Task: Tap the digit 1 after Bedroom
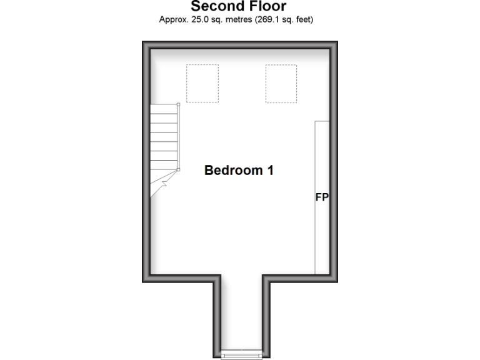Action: (270, 170)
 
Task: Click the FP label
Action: (322, 197)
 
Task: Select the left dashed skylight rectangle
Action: (202, 83)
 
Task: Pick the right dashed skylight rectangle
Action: (281, 83)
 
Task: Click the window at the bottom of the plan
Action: (241, 355)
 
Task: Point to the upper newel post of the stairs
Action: (178, 104)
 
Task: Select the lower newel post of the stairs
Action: (178, 169)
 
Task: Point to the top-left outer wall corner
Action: (145, 44)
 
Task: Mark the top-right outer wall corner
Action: (334, 44)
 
